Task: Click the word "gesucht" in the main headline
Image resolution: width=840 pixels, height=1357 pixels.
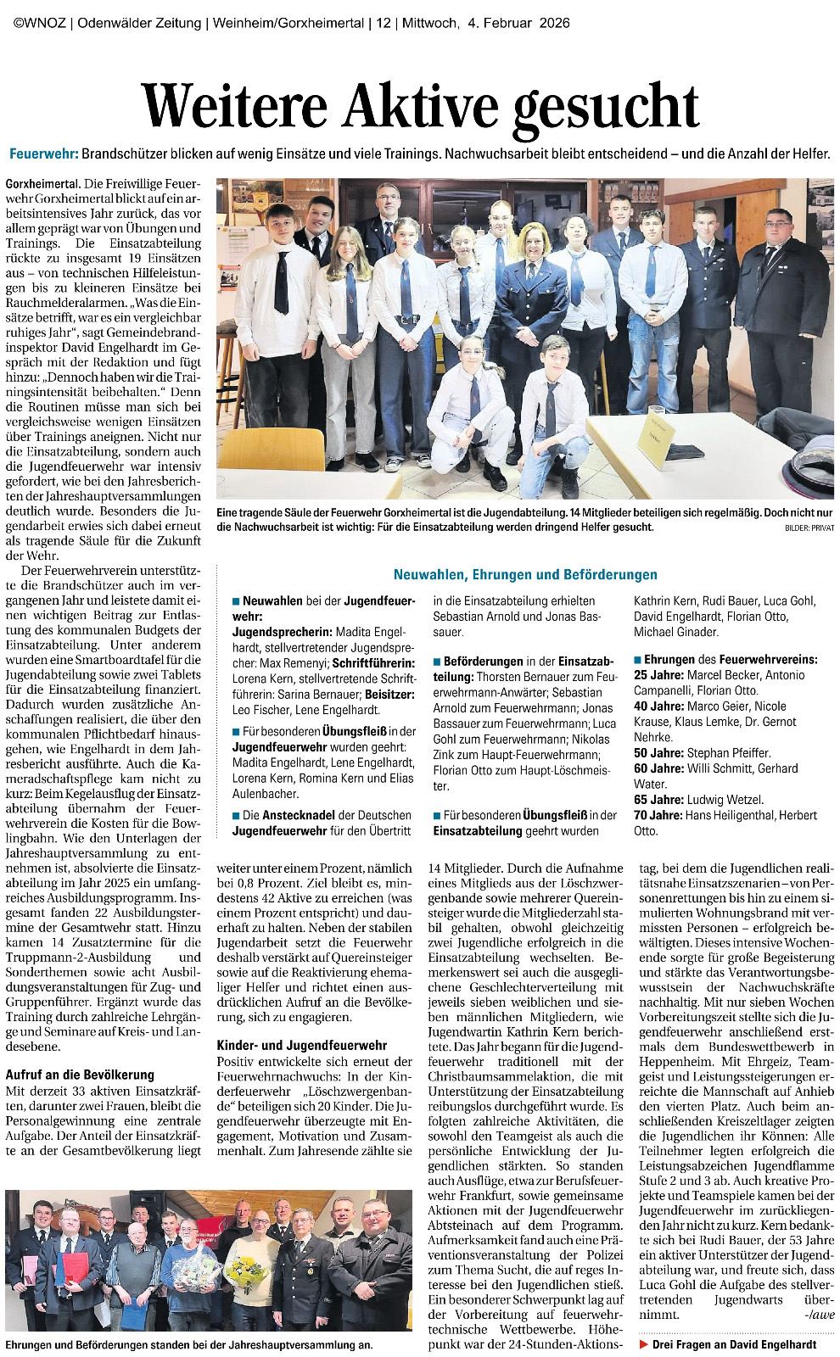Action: pyautogui.click(x=607, y=108)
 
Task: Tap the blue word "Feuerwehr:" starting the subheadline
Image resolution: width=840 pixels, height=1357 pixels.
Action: pyautogui.click(x=43, y=154)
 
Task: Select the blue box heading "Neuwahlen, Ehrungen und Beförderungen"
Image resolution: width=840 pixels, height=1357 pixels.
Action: pyautogui.click(x=525, y=574)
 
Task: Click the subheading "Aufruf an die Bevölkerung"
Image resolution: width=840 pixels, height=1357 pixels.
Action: pyautogui.click(x=80, y=1075)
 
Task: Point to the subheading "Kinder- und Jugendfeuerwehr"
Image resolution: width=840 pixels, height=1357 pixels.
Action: pyautogui.click(x=301, y=1045)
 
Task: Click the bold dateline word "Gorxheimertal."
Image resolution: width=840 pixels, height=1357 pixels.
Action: pyautogui.click(x=43, y=183)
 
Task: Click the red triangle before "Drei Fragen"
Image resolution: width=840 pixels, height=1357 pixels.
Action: pyautogui.click(x=644, y=1344)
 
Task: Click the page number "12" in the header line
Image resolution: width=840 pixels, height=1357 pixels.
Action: pyautogui.click(x=383, y=23)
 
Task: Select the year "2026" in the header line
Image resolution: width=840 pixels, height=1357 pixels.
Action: pyautogui.click(x=552, y=23)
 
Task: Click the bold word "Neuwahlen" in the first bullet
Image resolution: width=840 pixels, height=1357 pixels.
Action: pyautogui.click(x=272, y=600)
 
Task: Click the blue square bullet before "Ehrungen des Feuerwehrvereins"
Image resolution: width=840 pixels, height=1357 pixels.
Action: pyautogui.click(x=638, y=660)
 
